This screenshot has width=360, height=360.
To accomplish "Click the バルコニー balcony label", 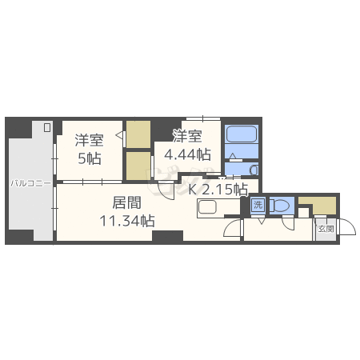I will point(31,183).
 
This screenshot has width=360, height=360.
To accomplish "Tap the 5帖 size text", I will point(89,158).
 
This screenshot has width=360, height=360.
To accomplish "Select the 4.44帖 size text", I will point(187,154).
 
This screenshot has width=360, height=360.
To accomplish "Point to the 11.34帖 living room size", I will point(127,218).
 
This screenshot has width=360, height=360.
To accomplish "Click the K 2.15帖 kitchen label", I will point(218,189).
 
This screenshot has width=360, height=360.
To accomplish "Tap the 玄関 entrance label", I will point(326,228).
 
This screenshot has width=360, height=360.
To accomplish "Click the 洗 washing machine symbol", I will point(258,205).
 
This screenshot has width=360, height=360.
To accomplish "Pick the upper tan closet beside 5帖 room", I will point(138,134).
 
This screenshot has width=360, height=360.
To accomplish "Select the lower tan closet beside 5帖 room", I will point(138,164).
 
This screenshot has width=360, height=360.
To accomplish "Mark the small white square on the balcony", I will point(47,127).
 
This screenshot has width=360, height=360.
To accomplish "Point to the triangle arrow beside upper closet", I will point(120,137).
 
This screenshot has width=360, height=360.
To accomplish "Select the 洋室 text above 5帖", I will point(89,141).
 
